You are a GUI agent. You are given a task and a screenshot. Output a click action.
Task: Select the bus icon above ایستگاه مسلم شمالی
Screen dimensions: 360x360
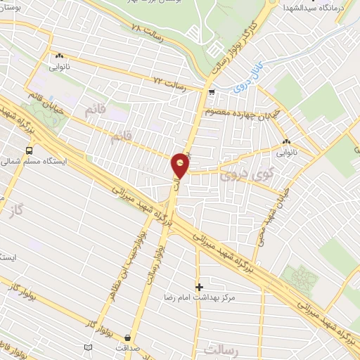click(x=29, y=150)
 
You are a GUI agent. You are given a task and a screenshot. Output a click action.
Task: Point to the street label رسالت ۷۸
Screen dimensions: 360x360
click(x=147, y=30)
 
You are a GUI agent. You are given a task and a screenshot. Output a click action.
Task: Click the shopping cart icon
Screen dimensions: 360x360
click(x=212, y=92)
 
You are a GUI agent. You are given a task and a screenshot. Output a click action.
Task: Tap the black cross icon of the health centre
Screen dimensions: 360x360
click(x=200, y=287)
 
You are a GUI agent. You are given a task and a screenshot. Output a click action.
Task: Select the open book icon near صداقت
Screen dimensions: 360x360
click(x=88, y=347)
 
